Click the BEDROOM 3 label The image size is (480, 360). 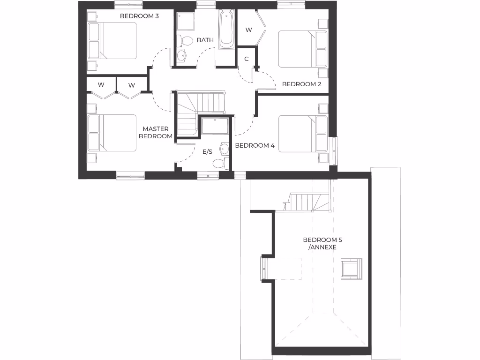[x=139, y=16]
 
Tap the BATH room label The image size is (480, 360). [x=205, y=40]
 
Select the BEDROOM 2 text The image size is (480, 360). [x=301, y=84]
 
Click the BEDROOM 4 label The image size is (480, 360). [x=255, y=145]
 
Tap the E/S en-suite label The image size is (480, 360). [x=207, y=152]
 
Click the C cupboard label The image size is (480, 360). [x=246, y=59]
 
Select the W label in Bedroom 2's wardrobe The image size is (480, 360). [x=249, y=30]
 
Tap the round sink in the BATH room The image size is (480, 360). [x=181, y=56]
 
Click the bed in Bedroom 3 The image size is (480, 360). [x=112, y=41]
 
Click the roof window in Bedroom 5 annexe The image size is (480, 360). [x=351, y=269]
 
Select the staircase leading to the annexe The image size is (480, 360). [x=307, y=202]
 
